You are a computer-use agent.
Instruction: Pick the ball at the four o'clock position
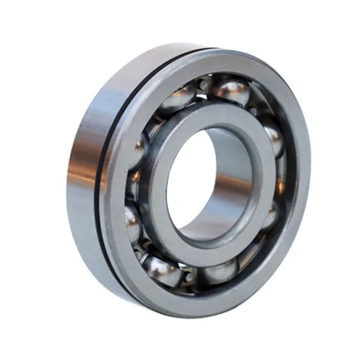pos(269,215)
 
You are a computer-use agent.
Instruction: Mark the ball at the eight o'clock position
pos(132,223)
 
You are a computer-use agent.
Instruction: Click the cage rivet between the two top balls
pos(204,84)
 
